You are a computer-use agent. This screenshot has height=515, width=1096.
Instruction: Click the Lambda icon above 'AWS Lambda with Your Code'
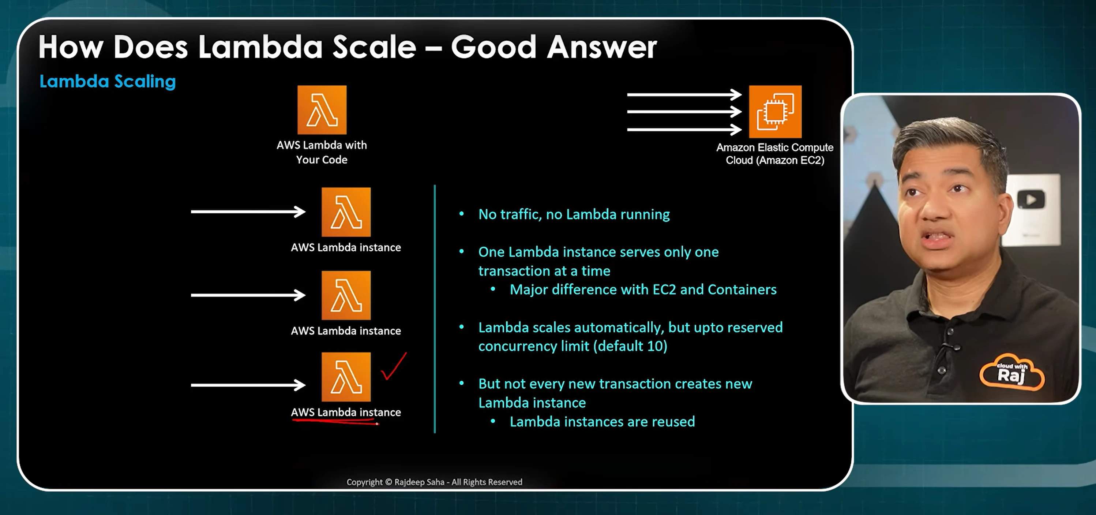322,110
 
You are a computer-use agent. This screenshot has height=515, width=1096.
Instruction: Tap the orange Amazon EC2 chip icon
775,112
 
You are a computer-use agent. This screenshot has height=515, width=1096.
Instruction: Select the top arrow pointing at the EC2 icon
684,94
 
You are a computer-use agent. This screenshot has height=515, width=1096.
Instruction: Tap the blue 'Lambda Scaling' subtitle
108,81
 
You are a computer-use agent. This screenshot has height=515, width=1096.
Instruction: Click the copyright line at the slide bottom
434,482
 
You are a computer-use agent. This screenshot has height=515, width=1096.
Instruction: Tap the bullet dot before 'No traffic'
462,214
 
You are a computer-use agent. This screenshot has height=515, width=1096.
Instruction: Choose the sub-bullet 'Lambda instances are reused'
602,421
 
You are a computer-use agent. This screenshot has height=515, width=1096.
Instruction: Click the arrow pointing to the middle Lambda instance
248,295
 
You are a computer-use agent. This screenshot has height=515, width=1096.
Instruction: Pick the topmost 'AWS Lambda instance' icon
346,212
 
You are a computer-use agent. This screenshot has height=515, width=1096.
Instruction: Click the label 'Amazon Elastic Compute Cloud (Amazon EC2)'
775,154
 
